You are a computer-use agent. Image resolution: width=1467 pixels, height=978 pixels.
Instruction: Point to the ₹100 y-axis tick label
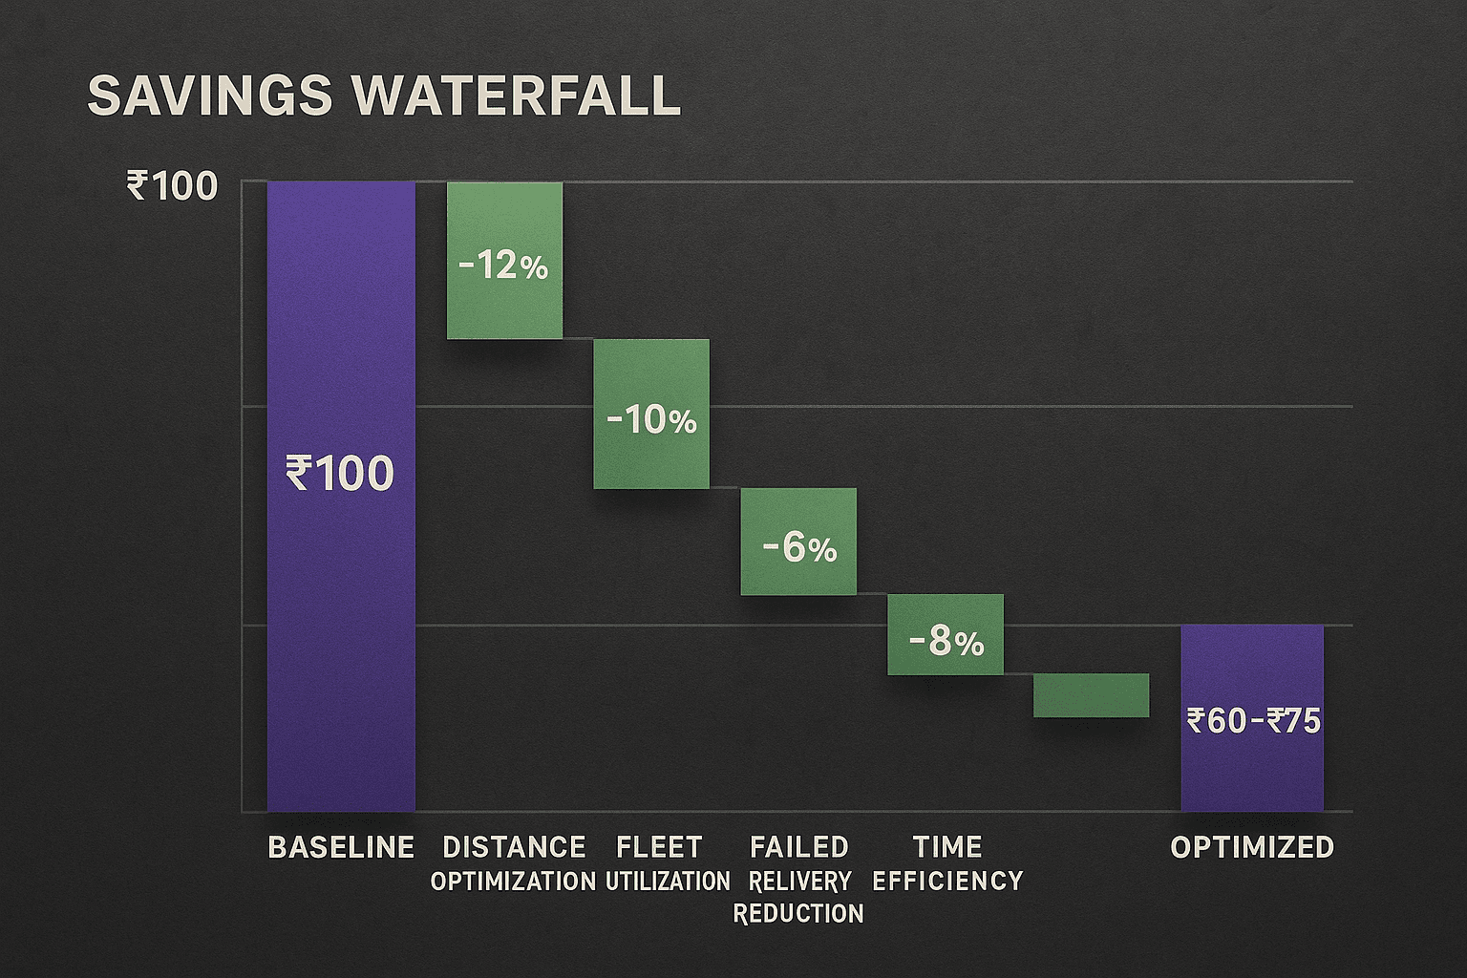click(172, 186)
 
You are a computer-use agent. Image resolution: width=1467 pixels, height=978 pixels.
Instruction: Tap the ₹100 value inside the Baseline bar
click(340, 474)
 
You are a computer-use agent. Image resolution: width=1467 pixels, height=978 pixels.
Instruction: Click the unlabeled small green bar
click(1091, 695)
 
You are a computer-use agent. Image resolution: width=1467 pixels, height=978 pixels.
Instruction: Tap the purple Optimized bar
click(1252, 774)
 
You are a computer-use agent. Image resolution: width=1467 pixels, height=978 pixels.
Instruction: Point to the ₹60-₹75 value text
click(1253, 720)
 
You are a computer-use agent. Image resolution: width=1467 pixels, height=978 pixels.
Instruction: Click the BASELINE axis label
click(341, 847)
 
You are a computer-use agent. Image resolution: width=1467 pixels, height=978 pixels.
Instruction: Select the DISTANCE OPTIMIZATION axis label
click(514, 863)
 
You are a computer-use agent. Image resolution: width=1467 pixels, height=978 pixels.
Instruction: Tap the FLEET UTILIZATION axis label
click(667, 863)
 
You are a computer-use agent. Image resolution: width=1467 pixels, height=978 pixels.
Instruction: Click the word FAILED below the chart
click(799, 847)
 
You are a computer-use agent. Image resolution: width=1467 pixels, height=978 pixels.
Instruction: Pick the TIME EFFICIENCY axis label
click(947, 863)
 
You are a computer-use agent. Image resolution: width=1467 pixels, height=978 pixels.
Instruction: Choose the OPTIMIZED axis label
click(1252, 847)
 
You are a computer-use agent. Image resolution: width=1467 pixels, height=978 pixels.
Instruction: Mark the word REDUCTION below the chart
click(798, 914)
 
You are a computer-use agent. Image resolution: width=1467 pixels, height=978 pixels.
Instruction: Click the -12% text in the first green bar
click(503, 266)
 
